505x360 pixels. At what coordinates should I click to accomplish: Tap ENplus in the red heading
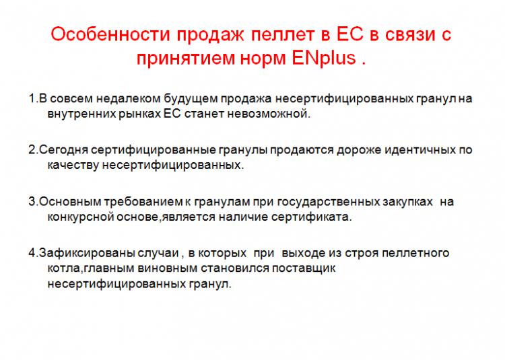(324, 58)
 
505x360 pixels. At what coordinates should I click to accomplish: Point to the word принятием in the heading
(184, 59)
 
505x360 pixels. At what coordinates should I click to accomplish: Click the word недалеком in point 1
(128, 98)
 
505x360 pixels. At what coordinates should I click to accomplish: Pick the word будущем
(191, 98)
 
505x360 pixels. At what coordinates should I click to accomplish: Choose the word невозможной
(269, 114)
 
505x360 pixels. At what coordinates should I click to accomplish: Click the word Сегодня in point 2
(63, 150)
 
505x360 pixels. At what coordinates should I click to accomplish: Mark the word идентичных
(419, 150)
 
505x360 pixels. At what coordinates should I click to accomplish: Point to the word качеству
(73, 165)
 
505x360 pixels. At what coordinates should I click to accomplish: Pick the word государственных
(328, 202)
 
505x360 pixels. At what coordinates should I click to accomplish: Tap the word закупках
(408, 202)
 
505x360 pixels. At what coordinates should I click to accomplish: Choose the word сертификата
(312, 217)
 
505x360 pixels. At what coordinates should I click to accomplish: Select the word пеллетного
(415, 253)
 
